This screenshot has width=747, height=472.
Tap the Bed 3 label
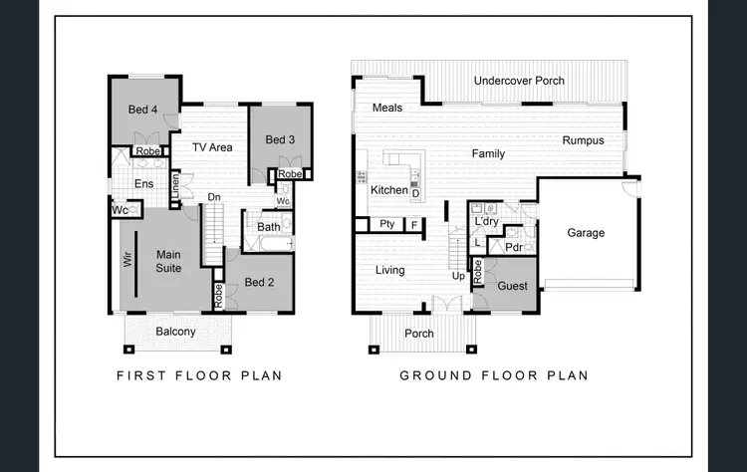280,140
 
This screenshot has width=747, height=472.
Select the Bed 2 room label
259,283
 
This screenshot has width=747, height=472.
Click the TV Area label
212,147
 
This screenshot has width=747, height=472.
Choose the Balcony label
175,332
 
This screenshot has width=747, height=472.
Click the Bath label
269,227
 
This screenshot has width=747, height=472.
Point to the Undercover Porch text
519,81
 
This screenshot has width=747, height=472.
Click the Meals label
386,108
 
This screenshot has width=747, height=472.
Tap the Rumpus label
583,140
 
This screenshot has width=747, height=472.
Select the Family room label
488,154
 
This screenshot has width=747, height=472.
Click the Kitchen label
388,190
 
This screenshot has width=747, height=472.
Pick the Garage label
586,233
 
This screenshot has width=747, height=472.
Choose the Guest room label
513,286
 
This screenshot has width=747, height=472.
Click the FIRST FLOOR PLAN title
199,376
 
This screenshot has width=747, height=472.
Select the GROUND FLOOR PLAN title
493,376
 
